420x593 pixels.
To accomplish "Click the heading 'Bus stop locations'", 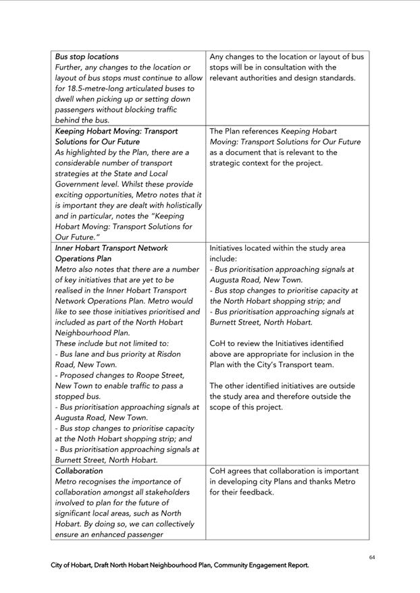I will click(x=86, y=57).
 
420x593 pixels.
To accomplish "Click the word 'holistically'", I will click(x=180, y=205).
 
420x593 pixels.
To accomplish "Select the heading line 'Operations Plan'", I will click(x=83, y=258).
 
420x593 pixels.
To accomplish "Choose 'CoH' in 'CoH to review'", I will click(x=219, y=343).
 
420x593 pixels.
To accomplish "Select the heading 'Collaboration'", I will click(x=79, y=471).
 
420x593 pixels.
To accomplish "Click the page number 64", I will click(x=372, y=557).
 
